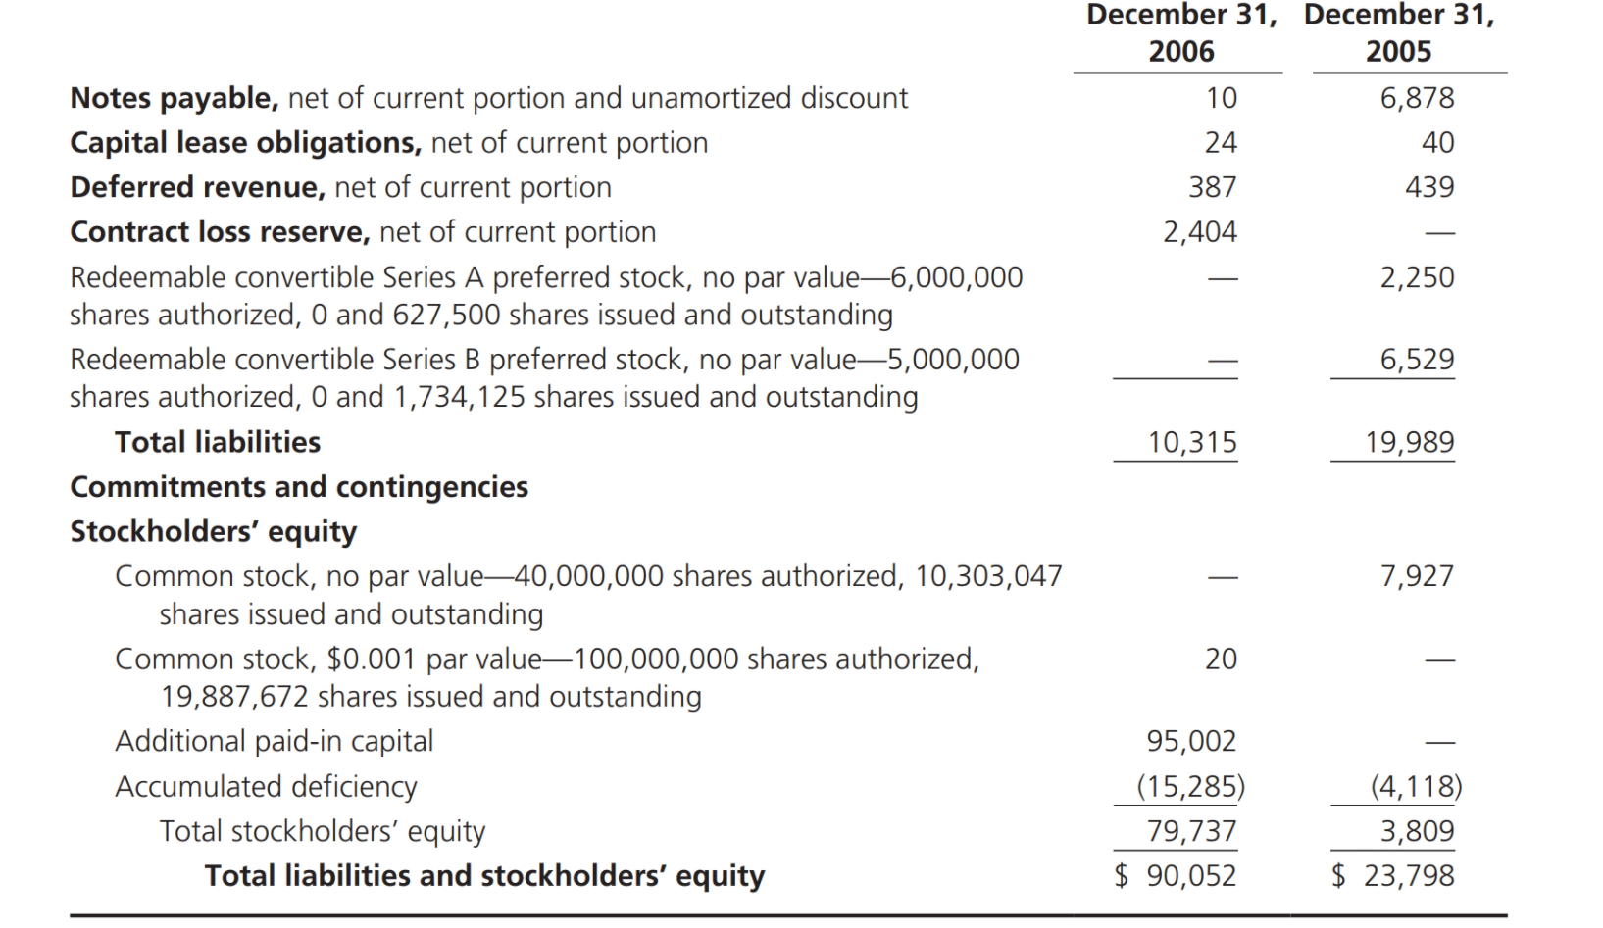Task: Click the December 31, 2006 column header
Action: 1180,33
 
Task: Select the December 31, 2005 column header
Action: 1398,33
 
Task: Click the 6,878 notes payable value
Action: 1417,98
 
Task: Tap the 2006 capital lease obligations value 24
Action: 1221,143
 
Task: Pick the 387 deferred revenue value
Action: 1213,187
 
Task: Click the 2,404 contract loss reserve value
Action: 1200,232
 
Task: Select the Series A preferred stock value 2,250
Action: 1417,277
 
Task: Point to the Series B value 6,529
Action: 1417,360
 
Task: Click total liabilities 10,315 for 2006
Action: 1192,443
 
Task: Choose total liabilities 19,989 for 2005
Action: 1410,443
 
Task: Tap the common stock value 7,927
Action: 1417,576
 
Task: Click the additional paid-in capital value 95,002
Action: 1192,741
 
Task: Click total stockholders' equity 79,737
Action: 1192,831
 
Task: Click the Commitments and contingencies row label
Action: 299,487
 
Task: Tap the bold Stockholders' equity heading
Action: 213,531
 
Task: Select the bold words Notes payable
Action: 174,98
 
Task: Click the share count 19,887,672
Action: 234,697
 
